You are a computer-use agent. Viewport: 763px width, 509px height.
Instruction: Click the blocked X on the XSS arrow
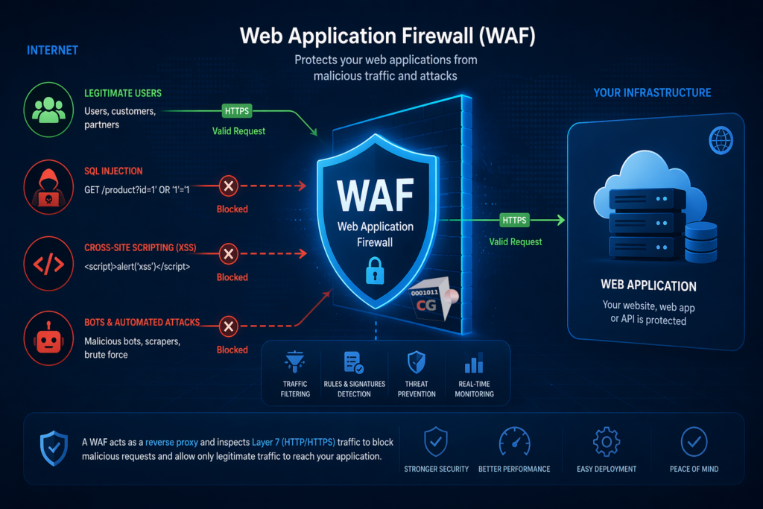pos(229,254)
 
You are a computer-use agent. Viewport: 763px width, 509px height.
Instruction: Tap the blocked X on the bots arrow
pos(229,326)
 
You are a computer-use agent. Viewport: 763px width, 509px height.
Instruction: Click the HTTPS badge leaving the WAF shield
pos(514,221)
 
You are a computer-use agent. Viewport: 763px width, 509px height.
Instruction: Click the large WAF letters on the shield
pos(375,195)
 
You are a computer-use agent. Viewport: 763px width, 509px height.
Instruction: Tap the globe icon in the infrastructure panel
pos(721,139)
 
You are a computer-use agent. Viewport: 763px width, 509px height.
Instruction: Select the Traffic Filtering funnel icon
pos(296,363)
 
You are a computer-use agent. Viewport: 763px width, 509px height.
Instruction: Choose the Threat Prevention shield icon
pos(417,363)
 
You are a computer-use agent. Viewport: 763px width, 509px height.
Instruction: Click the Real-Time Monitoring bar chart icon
pos(474,364)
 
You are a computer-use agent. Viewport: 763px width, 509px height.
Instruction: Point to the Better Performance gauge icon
pos(515,442)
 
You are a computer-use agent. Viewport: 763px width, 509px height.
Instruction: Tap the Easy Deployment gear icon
pos(606,442)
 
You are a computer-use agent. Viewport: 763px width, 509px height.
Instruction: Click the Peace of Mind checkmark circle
pos(694,442)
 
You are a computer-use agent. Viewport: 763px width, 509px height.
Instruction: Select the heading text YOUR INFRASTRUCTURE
pos(652,93)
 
